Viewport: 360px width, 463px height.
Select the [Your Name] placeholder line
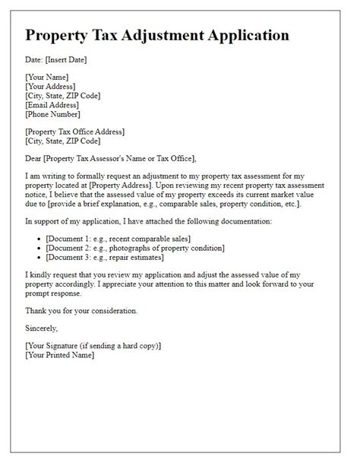47,77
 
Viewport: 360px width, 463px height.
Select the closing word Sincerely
42,328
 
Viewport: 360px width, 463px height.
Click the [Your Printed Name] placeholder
60,354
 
